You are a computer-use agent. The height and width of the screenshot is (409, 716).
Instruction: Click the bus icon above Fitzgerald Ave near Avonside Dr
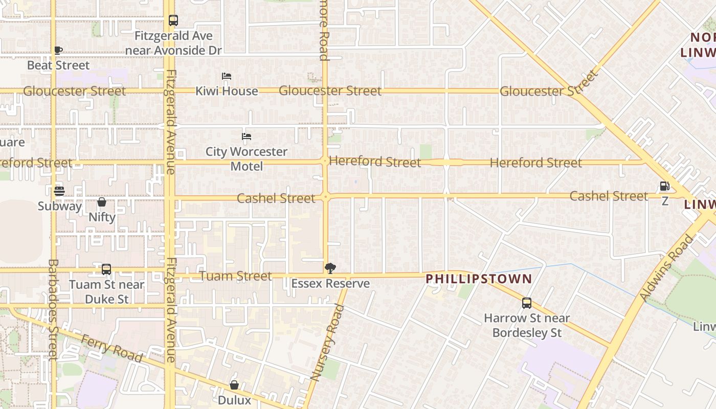point(173,20)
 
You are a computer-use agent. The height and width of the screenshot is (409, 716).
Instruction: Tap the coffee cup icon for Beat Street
point(58,50)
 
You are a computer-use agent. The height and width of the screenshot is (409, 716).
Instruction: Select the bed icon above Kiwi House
point(227,76)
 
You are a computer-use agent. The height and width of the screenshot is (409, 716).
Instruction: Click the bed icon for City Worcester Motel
point(247,137)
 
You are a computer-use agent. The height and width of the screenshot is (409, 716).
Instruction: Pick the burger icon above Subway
point(59,191)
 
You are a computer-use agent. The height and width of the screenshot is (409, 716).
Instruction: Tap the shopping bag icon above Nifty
point(102,202)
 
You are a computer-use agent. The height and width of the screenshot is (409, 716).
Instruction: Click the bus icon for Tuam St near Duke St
point(106,269)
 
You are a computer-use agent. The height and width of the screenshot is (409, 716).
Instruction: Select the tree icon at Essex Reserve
point(330,268)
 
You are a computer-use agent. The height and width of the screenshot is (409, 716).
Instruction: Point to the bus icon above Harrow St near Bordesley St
point(527,303)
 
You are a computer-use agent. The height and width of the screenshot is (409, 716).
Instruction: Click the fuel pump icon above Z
point(665,186)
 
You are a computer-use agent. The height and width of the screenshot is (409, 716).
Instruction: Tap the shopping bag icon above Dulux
point(234,385)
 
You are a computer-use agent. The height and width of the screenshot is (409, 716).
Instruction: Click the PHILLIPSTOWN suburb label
point(479,279)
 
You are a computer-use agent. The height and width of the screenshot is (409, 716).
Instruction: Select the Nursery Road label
point(328,343)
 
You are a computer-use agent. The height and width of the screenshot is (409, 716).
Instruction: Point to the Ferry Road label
point(112,349)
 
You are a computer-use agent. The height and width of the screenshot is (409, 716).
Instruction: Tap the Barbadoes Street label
point(53,309)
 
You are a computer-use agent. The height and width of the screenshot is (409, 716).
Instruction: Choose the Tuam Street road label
point(235,276)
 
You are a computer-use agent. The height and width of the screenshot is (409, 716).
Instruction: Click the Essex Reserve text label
point(330,284)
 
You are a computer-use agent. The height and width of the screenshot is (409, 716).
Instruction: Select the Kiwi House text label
point(227,91)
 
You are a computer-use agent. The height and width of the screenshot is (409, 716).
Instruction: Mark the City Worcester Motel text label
point(247,159)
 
